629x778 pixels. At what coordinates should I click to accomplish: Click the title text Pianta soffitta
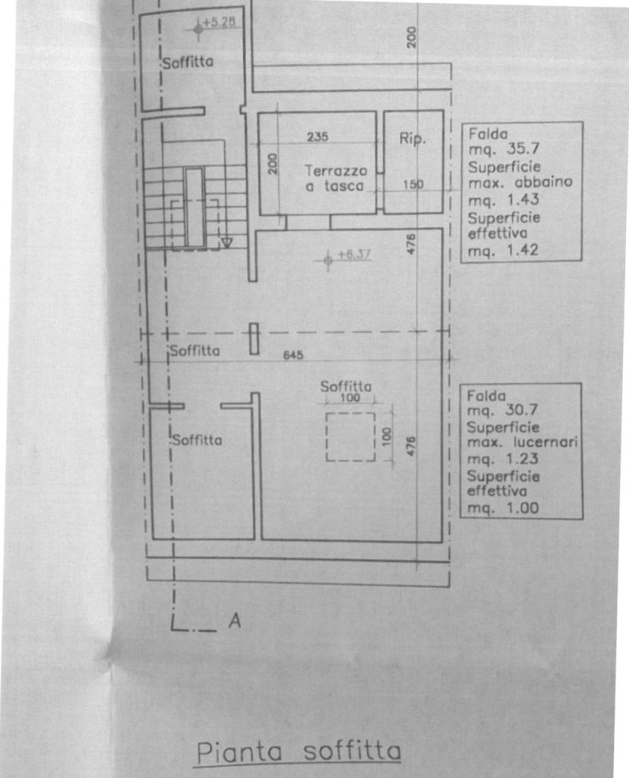299,752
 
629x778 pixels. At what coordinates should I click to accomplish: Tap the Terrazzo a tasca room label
336,178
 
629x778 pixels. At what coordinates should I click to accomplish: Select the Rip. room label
412,138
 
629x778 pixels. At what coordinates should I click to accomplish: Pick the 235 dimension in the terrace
318,137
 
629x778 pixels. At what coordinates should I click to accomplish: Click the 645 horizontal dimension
293,356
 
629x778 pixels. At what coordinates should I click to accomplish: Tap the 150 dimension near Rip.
412,185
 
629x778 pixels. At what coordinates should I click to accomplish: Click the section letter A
235,621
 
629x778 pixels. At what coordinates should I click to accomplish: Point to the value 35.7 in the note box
523,148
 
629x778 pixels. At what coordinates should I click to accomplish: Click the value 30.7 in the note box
521,410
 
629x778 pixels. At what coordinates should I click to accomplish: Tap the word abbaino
544,182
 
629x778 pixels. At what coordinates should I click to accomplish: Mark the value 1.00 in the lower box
523,508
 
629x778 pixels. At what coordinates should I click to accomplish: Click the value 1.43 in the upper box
523,200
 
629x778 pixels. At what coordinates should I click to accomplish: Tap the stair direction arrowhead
226,242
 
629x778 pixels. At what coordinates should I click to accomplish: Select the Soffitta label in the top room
188,62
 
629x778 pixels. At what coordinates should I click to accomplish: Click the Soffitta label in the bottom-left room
197,440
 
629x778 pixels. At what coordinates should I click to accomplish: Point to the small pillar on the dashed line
254,339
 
